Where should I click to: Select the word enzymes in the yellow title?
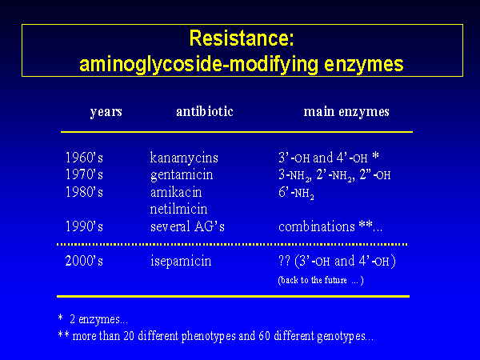pyautogui.click(x=364, y=65)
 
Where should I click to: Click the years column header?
pyautogui.click(x=106, y=112)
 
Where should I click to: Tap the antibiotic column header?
pyautogui.click(x=205, y=111)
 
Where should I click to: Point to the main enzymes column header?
pyautogui.click(x=346, y=112)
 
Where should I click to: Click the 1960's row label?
pyautogui.click(x=84, y=158)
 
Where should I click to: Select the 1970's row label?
pyautogui.click(x=84, y=174)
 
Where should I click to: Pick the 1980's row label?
pyautogui.click(x=84, y=192)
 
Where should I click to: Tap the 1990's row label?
pyautogui.click(x=84, y=226)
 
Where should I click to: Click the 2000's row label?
pyautogui.click(x=84, y=261)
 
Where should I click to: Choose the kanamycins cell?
pyautogui.click(x=184, y=158)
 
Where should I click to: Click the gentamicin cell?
pyautogui.click(x=182, y=175)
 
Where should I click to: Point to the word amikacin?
pyautogui.click(x=176, y=192)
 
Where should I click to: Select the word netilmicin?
pyautogui.click(x=178, y=209)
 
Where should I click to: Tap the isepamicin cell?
pyautogui.click(x=181, y=262)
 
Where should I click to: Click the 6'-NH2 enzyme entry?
pyautogui.click(x=296, y=193)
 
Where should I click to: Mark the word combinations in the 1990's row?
pyautogui.click(x=317, y=227)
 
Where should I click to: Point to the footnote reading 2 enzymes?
pyautogui.click(x=98, y=319)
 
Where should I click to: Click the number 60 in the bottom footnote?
pyautogui.click(x=264, y=336)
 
